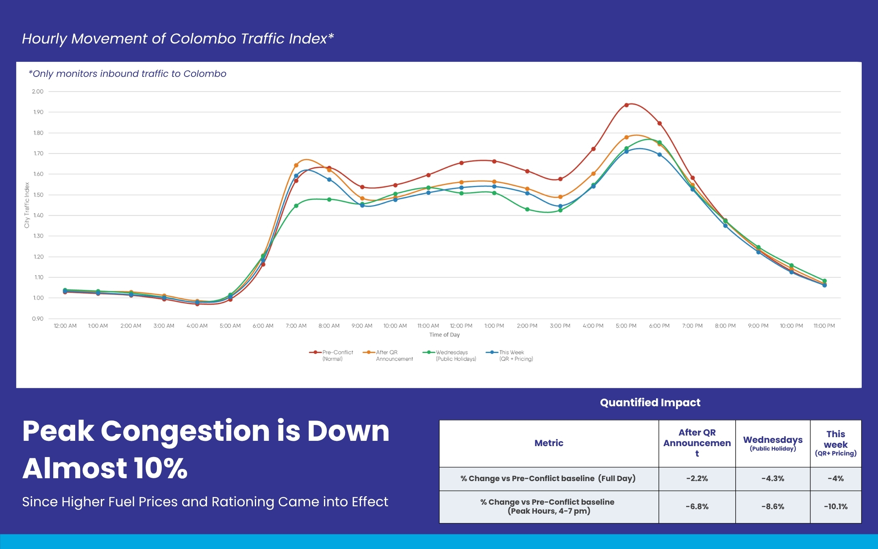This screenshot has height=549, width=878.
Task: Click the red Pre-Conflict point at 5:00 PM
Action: tap(626, 105)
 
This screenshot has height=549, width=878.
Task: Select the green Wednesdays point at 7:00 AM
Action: tap(296, 206)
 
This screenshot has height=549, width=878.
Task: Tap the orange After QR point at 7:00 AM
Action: tap(296, 166)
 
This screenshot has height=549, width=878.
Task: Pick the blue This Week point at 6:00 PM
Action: tap(659, 155)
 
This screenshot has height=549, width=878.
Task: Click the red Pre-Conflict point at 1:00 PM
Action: tap(494, 161)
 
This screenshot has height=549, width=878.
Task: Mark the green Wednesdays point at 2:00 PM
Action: tap(527, 209)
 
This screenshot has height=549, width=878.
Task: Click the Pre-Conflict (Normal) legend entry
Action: tap(332, 355)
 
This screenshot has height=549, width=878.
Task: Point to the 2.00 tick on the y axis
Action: tap(38, 91)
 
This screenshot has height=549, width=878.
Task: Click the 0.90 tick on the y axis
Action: tap(38, 318)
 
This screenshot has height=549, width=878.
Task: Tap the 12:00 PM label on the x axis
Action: tap(461, 326)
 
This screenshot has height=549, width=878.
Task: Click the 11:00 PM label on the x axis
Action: tap(824, 326)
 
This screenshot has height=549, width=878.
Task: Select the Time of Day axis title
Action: tap(444, 335)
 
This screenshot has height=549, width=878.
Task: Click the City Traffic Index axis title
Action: tap(27, 205)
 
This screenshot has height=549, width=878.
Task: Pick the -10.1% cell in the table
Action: tap(835, 507)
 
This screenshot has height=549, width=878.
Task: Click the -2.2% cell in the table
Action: tap(697, 479)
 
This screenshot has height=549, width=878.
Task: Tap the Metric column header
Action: tap(549, 443)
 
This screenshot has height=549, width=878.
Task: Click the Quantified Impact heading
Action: tap(650, 403)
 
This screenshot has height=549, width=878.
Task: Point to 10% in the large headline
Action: tap(160, 468)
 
